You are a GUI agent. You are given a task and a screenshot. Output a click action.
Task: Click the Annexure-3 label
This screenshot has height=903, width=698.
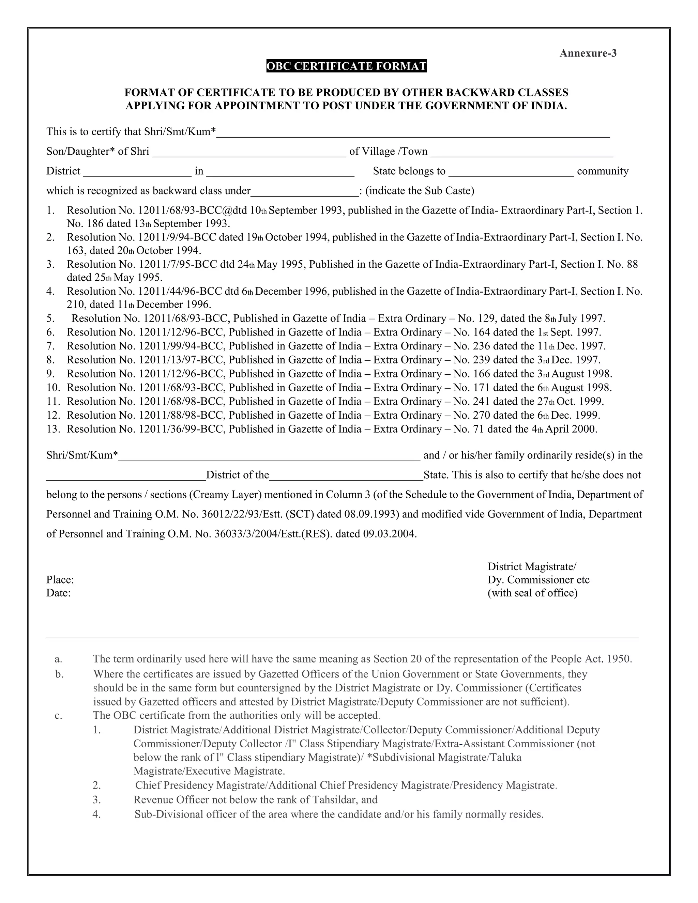588,53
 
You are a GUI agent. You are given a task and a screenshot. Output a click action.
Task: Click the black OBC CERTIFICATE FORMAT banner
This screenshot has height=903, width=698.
346,66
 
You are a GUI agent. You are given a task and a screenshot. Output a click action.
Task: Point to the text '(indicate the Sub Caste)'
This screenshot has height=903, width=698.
420,191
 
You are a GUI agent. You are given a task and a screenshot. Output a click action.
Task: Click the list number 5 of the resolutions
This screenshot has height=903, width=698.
50,318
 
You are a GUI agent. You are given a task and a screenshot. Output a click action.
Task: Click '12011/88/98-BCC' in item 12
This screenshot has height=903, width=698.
182,415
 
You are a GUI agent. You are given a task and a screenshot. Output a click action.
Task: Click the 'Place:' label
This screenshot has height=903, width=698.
60,580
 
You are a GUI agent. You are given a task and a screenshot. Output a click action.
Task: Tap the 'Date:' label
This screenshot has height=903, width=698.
58,593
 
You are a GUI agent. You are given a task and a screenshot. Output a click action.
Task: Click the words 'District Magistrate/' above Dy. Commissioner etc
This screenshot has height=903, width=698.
532,566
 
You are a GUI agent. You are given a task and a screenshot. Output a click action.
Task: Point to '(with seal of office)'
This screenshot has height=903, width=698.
532,593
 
